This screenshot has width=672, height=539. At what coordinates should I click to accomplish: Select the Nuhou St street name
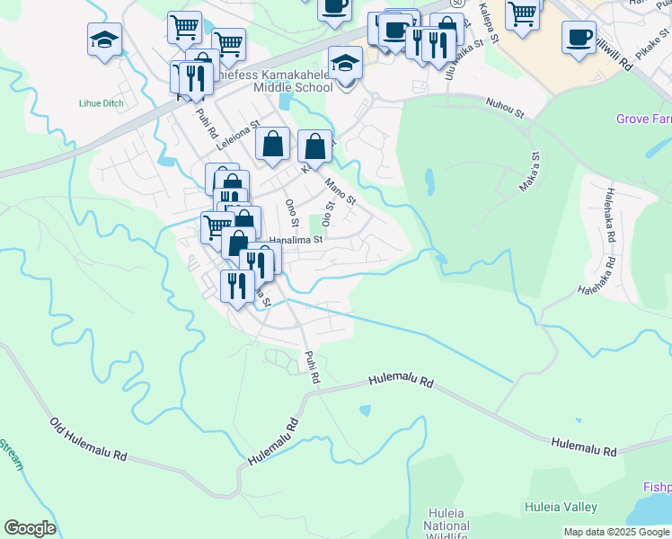point(505,108)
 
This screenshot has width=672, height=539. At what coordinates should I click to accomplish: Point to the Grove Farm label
point(643,119)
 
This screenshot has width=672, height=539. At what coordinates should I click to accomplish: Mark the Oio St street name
point(329,215)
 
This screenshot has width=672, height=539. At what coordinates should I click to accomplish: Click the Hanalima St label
point(296,240)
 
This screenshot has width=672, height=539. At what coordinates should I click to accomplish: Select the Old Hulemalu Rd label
point(88,438)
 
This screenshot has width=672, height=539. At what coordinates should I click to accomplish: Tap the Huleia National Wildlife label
point(447,525)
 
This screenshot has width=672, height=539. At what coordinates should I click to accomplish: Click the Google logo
point(30,528)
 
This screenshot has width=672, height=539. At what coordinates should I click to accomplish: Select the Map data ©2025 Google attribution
point(615,532)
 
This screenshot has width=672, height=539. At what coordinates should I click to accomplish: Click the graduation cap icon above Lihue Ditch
point(104,40)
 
